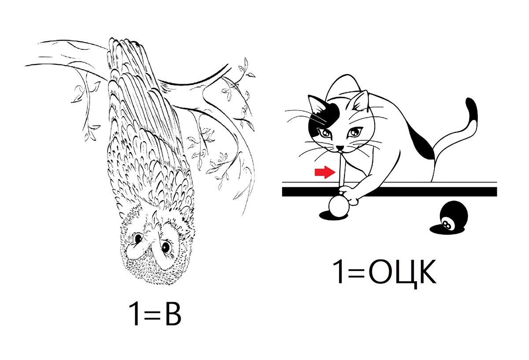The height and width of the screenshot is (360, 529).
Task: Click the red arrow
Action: pyautogui.click(x=325, y=172)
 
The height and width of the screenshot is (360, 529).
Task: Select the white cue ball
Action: pyautogui.click(x=339, y=207)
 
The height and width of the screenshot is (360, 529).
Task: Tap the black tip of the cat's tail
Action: pyautogui.click(x=472, y=110)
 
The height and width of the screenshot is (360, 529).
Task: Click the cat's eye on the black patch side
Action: pyautogui.click(x=325, y=134)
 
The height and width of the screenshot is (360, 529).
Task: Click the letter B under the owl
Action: pyautogui.click(x=173, y=315)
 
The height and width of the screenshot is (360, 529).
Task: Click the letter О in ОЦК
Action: pyautogui.click(x=381, y=272)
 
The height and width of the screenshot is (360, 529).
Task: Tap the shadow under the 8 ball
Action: pyautogui.click(x=444, y=230)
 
